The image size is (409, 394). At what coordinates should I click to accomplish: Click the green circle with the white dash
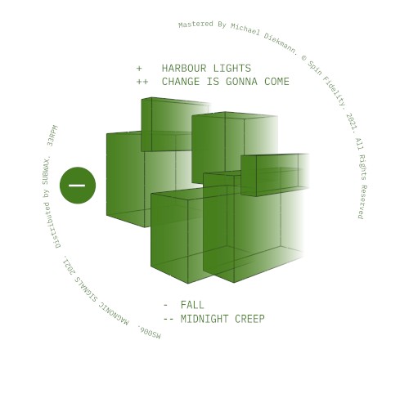click(x=78, y=186)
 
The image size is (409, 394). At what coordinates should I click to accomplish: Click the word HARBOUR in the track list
click(x=184, y=68)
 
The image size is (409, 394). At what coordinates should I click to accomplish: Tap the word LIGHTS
click(x=232, y=68)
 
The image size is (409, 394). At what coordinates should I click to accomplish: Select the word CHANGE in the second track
click(x=181, y=82)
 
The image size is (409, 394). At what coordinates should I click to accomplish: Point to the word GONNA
click(x=241, y=82)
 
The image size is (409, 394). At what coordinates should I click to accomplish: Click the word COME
click(x=276, y=82)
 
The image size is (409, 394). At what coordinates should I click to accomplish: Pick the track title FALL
click(x=192, y=305)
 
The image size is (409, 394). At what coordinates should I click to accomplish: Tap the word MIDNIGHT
click(x=204, y=319)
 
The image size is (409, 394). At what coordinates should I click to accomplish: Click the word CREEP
click(x=249, y=319)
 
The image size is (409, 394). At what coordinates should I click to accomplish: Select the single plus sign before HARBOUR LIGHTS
click(x=139, y=69)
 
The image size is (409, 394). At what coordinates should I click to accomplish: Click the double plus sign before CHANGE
click(x=142, y=82)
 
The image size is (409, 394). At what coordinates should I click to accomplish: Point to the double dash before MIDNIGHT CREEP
click(x=169, y=319)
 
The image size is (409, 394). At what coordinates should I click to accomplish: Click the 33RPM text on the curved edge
click(x=52, y=136)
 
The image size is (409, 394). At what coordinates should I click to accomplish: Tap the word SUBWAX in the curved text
click(x=47, y=170)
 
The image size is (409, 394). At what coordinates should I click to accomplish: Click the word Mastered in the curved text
click(x=196, y=25)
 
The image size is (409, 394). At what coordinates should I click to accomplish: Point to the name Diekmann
click(x=281, y=43)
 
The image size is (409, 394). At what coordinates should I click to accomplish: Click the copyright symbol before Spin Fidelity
click(x=304, y=58)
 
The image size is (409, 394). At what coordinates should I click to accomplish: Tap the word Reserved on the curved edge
click(x=363, y=202)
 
